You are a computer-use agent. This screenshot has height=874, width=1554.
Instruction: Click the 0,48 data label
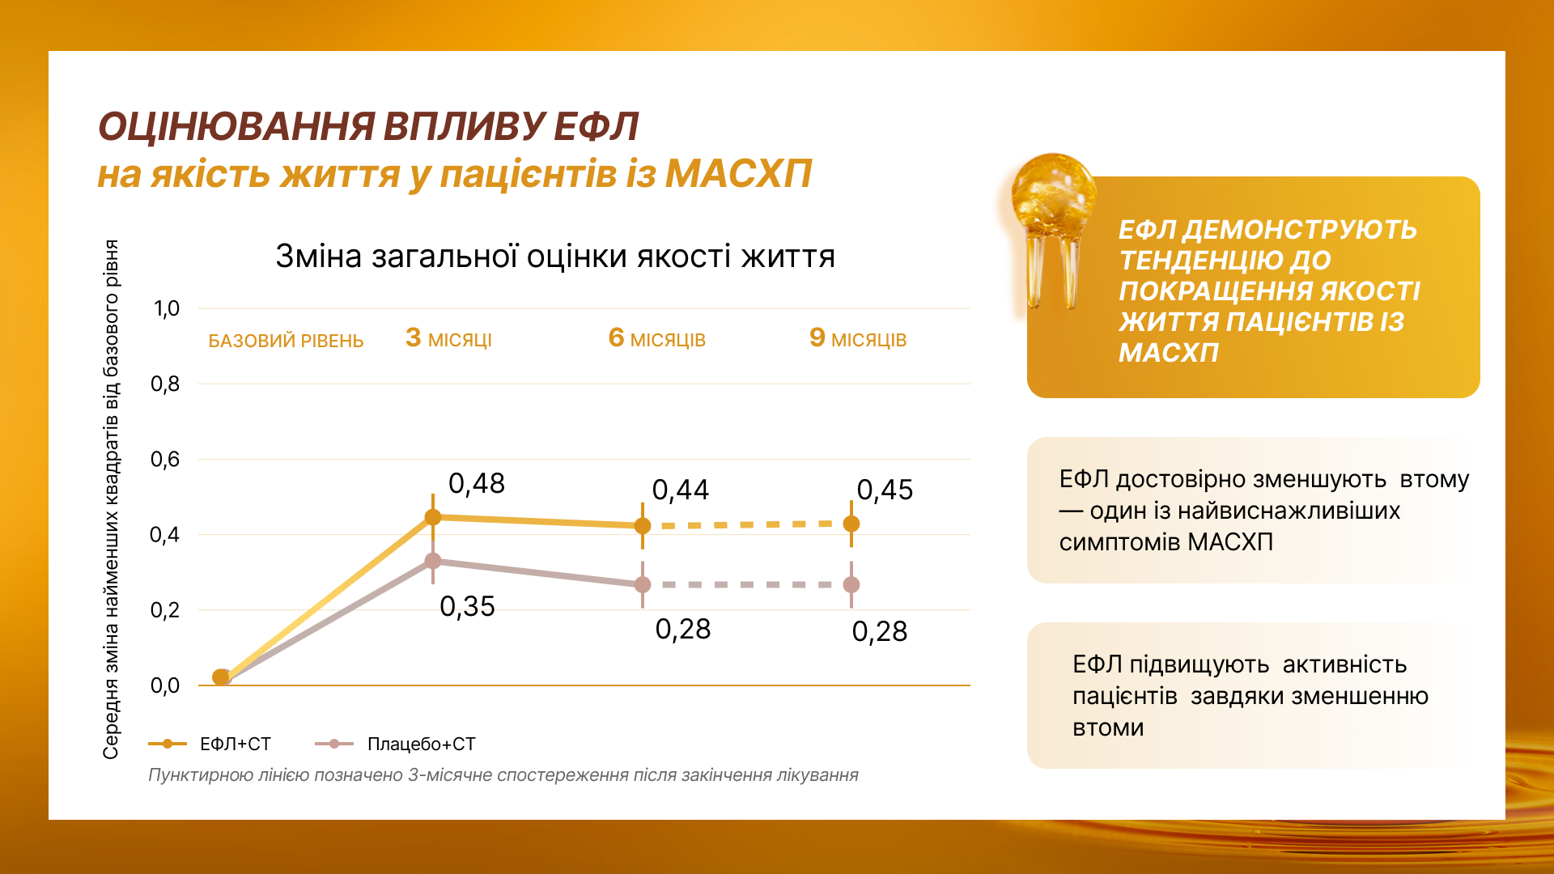(x=476, y=484)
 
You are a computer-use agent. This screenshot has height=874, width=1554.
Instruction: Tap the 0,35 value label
(x=467, y=607)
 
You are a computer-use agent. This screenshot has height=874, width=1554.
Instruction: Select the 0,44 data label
(x=680, y=490)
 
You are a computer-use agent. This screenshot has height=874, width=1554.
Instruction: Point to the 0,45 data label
(x=885, y=490)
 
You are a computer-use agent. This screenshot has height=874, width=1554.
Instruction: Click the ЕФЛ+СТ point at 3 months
(x=433, y=517)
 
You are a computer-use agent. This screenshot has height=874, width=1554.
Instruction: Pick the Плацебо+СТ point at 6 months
(x=643, y=584)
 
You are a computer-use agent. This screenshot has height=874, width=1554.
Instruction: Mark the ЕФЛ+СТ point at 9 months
(x=851, y=524)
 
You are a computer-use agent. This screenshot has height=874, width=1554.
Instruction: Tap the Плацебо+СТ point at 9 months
(x=851, y=584)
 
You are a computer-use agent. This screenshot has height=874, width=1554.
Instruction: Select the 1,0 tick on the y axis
(x=167, y=308)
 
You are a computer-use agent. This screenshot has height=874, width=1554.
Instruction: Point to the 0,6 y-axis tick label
(x=165, y=460)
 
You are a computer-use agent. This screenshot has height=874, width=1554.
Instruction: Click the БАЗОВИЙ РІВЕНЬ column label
(x=286, y=341)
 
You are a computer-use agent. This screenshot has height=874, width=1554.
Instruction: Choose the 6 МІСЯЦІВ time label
(x=656, y=338)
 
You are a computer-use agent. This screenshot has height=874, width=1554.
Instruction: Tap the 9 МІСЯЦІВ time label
(x=857, y=338)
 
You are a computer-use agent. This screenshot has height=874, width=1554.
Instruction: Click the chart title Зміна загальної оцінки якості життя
(x=555, y=257)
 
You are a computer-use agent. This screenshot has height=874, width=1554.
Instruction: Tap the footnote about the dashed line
(x=503, y=775)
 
